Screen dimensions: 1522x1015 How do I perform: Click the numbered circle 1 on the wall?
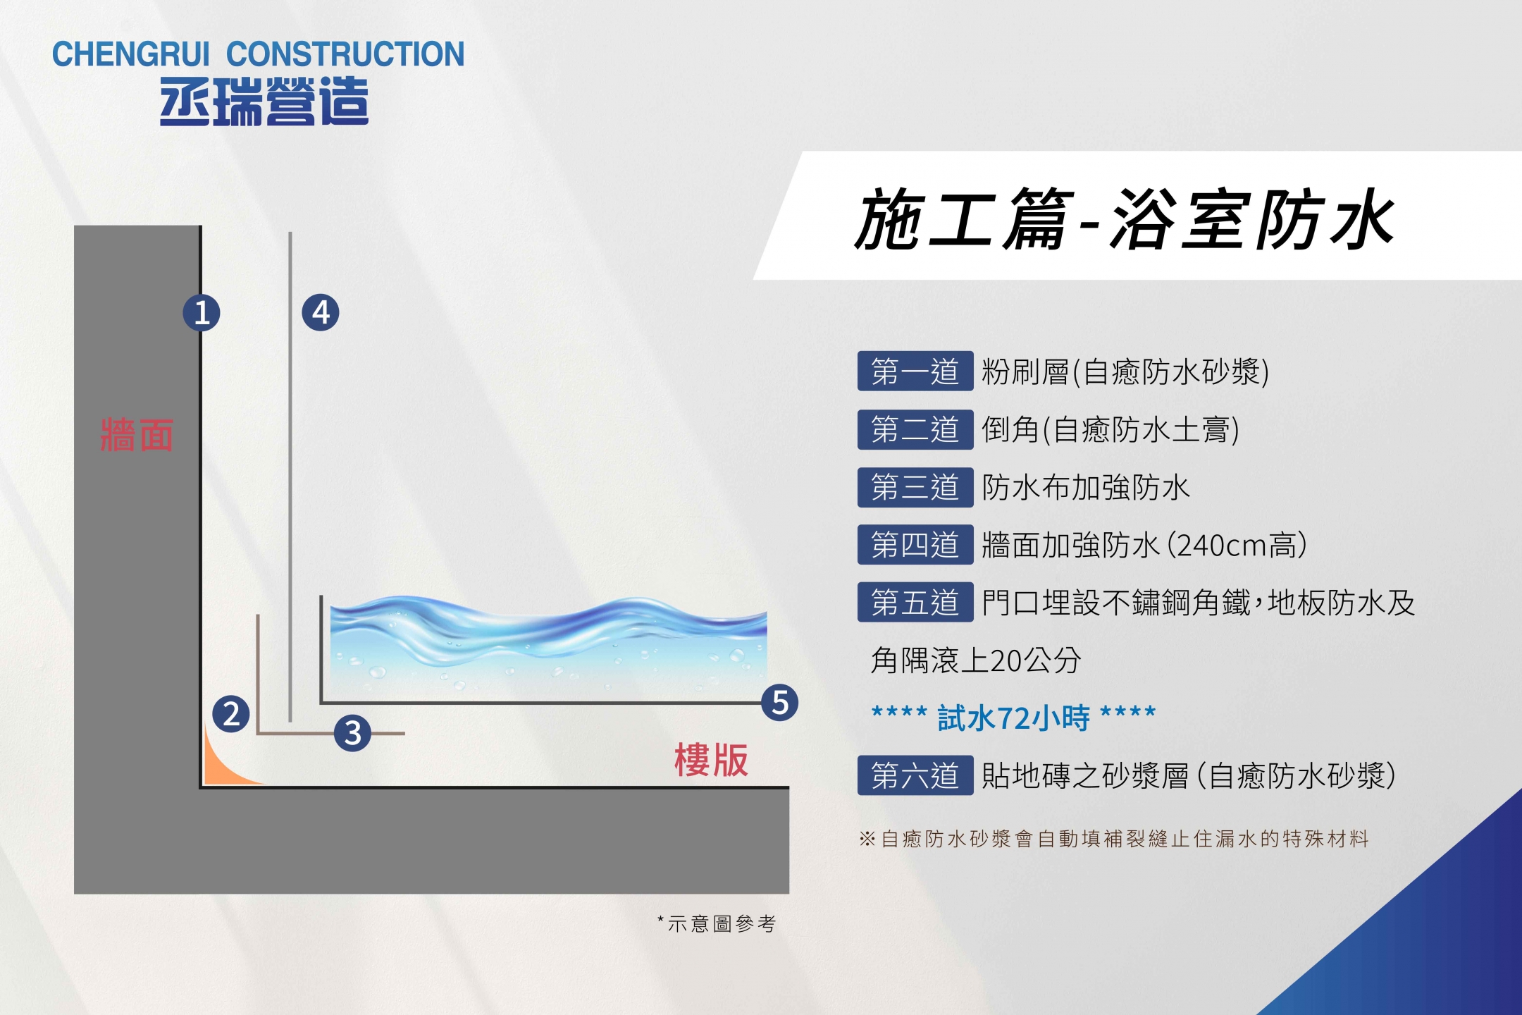202,313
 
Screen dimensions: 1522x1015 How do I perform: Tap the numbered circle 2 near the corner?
231,714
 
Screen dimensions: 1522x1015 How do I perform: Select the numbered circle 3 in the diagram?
353,733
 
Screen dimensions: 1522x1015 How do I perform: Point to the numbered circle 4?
321,313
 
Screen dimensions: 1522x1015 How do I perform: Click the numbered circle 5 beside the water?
780,702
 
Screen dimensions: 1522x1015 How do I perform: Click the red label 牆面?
137,435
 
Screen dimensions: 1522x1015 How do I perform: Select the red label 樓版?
711,760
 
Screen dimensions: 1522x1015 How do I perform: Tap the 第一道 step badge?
915,371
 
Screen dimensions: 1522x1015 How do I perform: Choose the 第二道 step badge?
915,429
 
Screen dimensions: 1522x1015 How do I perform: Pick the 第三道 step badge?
915,487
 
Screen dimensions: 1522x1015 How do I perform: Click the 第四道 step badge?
915,545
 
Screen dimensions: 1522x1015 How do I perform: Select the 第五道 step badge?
915,603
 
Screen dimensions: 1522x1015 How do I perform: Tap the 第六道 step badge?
915,775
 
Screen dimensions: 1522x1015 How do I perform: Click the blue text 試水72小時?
1014,718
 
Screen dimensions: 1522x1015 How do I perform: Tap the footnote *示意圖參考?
717,923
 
